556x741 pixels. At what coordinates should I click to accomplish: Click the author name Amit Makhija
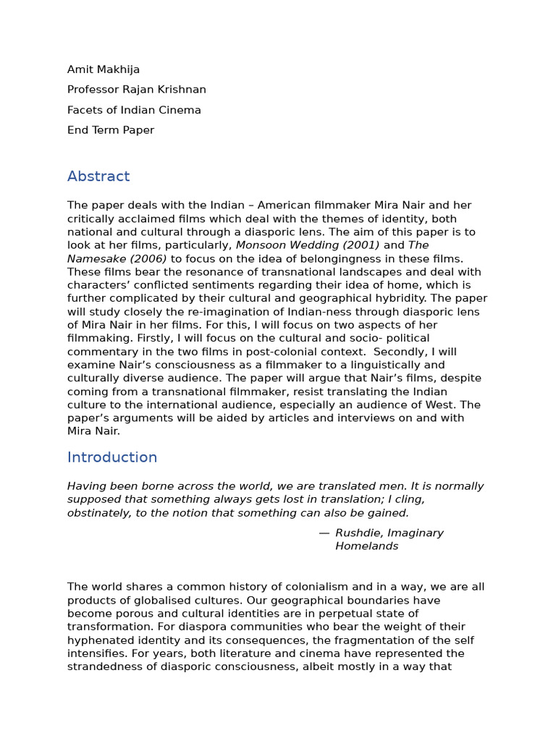(104, 69)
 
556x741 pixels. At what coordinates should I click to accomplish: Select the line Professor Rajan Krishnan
(137, 90)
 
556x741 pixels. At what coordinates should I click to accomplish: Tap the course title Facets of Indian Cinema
(134, 110)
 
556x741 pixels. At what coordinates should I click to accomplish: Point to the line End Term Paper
(111, 130)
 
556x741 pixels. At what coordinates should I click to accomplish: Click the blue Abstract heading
(98, 177)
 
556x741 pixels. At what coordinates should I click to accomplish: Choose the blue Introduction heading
(112, 457)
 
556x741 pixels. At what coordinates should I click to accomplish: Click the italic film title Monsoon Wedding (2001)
(308, 245)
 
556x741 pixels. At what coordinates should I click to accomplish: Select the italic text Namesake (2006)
(117, 258)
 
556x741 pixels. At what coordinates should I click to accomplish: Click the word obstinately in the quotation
(99, 513)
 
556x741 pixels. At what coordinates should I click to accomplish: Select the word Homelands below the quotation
(367, 546)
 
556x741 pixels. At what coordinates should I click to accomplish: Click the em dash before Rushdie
(324, 533)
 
